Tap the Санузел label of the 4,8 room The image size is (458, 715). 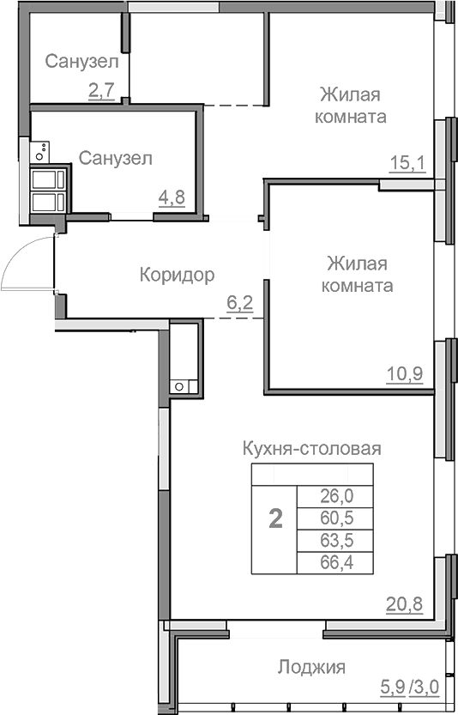coord(116,158)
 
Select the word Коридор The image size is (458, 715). coord(177,275)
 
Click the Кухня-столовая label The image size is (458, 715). coord(311,448)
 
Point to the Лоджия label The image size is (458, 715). coord(310,667)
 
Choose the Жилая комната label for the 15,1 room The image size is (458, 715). coord(350,104)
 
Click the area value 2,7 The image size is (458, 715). coord(101,90)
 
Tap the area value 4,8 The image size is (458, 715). coord(171,197)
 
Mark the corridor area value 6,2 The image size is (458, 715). coord(239,302)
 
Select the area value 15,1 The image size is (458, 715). coord(408,162)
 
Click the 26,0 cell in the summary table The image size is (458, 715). coord(335,494)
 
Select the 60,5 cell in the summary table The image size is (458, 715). coord(335,517)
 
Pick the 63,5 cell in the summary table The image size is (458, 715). coord(335,540)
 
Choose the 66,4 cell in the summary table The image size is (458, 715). coord(335,562)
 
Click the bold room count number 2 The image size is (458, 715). coord(275,520)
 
